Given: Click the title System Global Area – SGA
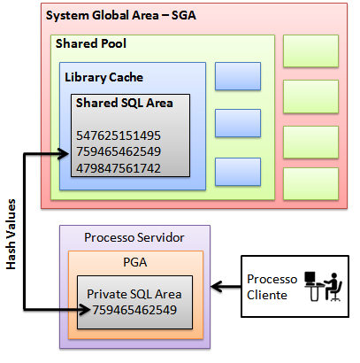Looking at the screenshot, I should [x=120, y=17].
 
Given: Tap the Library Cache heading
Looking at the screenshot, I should [x=103, y=77].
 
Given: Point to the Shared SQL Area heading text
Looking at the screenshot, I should [x=123, y=103].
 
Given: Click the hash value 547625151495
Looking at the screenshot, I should [x=119, y=135].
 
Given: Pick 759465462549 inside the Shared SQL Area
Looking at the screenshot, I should [x=119, y=151].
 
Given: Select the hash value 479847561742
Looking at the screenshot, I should [x=119, y=167].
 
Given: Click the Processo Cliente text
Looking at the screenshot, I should [x=268, y=286].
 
